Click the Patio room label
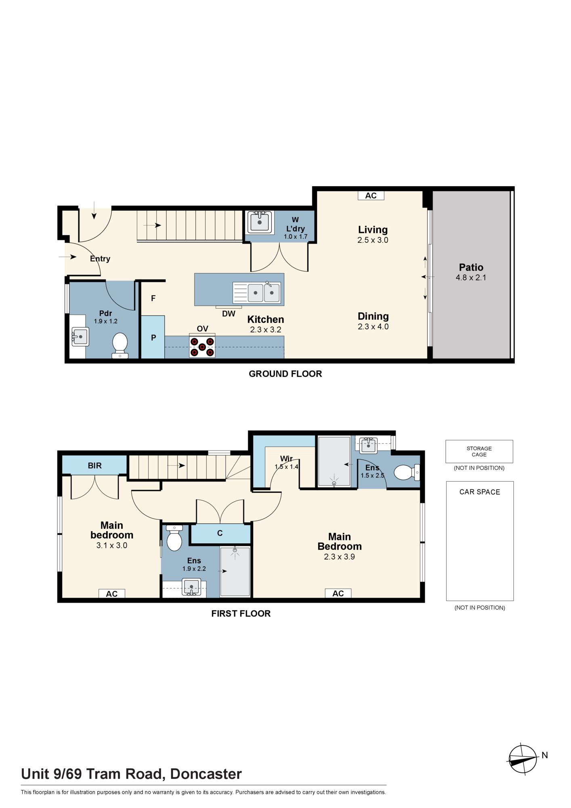pyautogui.click(x=471, y=267)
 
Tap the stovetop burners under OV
pyautogui.click(x=202, y=347)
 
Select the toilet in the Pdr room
pyautogui.click(x=120, y=345)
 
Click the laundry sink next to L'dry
pyautogui.click(x=260, y=222)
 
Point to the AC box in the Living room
pyautogui.click(x=371, y=196)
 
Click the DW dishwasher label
pyautogui.click(x=229, y=314)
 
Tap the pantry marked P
pyautogui.click(x=153, y=337)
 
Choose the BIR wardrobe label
pyautogui.click(x=95, y=465)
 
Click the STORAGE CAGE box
pyautogui.click(x=479, y=451)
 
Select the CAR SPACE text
pyautogui.click(x=480, y=492)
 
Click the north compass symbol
pyautogui.click(x=523, y=759)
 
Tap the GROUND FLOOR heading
pyautogui.click(x=285, y=374)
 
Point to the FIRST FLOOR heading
pyautogui.click(x=241, y=613)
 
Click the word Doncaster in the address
pyautogui.click(x=206, y=774)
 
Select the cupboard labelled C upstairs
pyautogui.click(x=220, y=533)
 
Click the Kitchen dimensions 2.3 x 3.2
pyautogui.click(x=266, y=330)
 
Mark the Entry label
pyautogui.click(x=100, y=259)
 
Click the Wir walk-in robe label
pyautogui.click(x=286, y=459)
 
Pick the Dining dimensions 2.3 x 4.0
pyautogui.click(x=373, y=326)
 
